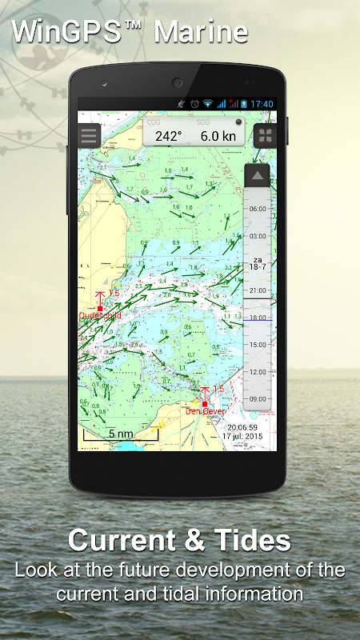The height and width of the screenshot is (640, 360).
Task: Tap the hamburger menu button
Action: (x=89, y=135)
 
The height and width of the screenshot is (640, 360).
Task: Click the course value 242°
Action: (x=169, y=136)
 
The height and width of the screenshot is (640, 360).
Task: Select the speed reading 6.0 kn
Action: (x=218, y=136)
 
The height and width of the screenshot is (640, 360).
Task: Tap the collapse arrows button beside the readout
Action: (x=264, y=135)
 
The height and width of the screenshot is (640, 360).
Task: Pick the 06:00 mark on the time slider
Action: (x=258, y=208)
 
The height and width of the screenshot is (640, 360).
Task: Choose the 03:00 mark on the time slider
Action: (x=258, y=237)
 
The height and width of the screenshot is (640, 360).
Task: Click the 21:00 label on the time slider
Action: (x=258, y=290)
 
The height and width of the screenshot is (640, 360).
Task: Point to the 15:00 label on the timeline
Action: (x=258, y=344)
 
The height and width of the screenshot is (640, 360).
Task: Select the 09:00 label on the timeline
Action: (x=258, y=398)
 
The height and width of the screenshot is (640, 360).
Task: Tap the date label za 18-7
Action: (x=258, y=264)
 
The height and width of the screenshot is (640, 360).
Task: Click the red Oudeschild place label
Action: (x=100, y=316)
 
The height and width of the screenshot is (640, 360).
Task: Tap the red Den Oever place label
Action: (x=205, y=411)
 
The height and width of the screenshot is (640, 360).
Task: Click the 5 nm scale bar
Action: (x=121, y=434)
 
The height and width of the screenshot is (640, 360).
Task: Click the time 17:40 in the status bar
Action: (x=262, y=104)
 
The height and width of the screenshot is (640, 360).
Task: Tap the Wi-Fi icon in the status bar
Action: (x=208, y=104)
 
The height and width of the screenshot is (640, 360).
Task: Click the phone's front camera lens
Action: (x=105, y=83)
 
